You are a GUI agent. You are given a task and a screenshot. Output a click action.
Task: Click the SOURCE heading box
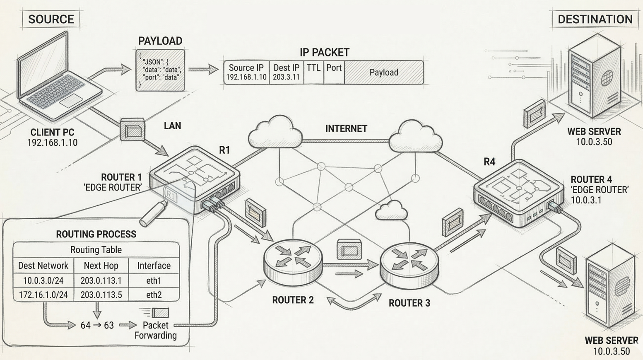click(x=51, y=19)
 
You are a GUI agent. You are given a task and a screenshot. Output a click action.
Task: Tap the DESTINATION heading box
click(x=595, y=19)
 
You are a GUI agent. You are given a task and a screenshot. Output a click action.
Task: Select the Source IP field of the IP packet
click(x=246, y=72)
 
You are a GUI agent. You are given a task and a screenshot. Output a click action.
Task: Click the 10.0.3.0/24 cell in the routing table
click(x=43, y=280)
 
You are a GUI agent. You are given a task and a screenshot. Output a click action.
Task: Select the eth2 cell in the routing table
click(x=154, y=295)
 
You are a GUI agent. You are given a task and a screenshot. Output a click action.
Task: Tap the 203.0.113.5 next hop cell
click(x=101, y=295)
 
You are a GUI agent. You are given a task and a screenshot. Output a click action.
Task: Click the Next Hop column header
click(x=101, y=266)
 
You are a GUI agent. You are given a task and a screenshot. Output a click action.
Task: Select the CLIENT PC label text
click(x=52, y=133)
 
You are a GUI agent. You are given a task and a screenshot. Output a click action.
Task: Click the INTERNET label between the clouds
click(x=346, y=128)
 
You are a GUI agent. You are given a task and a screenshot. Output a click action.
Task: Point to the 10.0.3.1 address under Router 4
click(x=586, y=200)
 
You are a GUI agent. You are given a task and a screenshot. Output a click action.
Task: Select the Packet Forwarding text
click(x=156, y=330)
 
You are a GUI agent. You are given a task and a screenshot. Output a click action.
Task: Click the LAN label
click(x=172, y=126)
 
